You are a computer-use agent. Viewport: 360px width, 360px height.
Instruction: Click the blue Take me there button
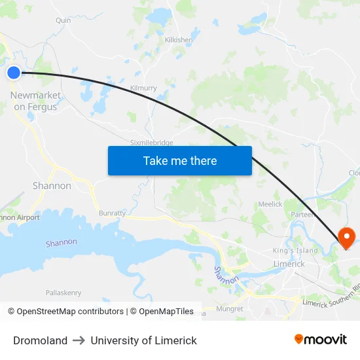[180, 160]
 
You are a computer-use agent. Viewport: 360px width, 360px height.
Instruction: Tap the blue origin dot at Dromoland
[14, 73]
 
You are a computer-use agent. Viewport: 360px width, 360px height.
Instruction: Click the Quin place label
[63, 20]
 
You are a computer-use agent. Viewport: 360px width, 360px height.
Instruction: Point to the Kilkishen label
[179, 40]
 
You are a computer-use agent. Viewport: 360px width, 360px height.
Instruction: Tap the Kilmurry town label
[143, 88]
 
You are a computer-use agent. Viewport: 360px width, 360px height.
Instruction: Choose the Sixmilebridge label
[152, 143]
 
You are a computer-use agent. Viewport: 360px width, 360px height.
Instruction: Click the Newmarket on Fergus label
[35, 101]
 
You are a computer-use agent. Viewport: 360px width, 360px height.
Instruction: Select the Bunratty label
[112, 213]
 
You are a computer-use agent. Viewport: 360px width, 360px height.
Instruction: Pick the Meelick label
[270, 204]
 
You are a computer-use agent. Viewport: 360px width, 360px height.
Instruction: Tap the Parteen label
[302, 215]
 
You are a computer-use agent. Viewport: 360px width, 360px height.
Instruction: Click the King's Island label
[295, 251]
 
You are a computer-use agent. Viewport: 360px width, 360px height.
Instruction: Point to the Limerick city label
[289, 264]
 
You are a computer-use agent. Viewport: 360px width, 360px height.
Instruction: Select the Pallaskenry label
[63, 293]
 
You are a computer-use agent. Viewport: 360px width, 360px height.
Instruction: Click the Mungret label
[229, 308]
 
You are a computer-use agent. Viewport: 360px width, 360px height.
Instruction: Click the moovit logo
[320, 339]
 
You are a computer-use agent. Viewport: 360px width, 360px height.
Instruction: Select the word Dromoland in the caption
[40, 340]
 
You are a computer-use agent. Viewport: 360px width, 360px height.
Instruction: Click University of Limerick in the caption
[143, 340]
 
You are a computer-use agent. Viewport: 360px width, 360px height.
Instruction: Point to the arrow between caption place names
[79, 340]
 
